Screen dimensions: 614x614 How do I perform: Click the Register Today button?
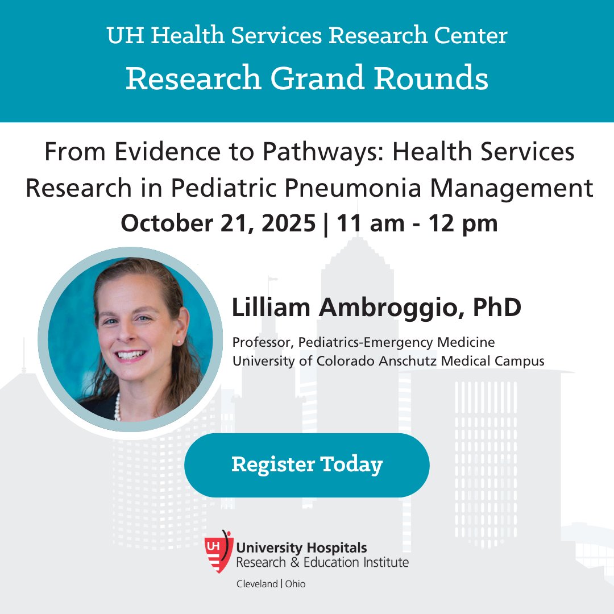pyautogui.click(x=307, y=465)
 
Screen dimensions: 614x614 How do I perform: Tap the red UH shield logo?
pyautogui.click(x=219, y=552)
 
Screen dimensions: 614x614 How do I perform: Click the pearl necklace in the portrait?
pyautogui.click(x=118, y=407)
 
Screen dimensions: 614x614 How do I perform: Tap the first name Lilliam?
pyautogui.click(x=271, y=308)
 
